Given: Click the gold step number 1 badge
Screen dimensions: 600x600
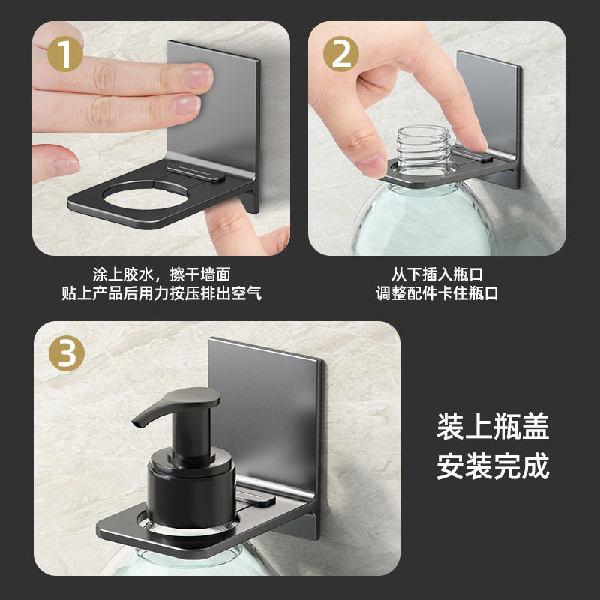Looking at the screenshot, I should coord(66,55).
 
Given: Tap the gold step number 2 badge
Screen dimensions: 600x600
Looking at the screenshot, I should coord(341,55).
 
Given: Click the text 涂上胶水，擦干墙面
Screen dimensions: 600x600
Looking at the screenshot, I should coord(161,274).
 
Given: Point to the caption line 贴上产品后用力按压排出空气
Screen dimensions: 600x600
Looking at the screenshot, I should coord(161,293).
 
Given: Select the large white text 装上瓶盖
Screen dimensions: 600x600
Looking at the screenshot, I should coord(493,427).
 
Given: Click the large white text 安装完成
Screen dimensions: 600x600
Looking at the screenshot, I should coord(493,466).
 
